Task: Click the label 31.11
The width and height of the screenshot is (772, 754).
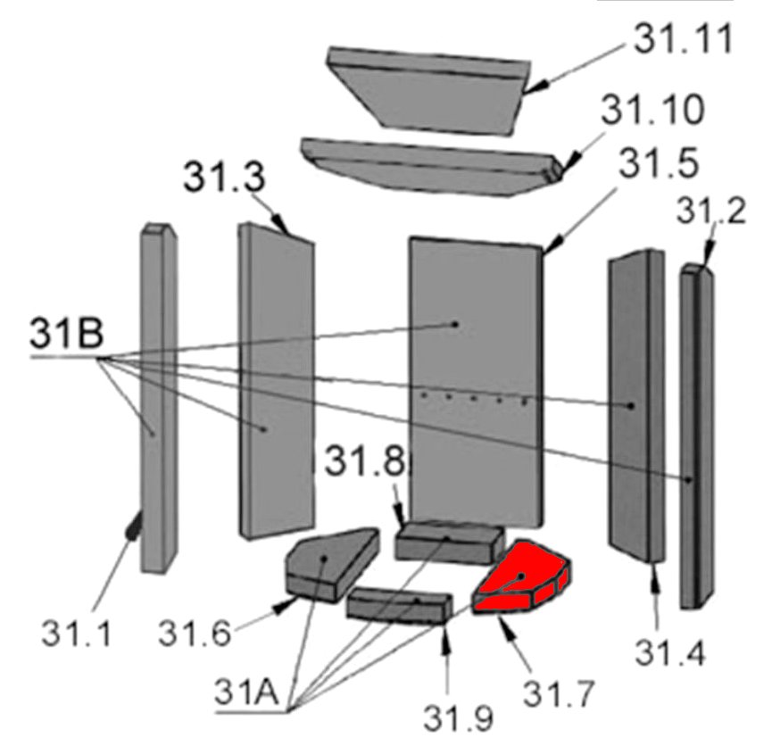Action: click(x=683, y=38)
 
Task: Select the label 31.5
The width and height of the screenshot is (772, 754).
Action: click(x=659, y=163)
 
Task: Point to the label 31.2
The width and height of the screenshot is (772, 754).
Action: click(x=710, y=211)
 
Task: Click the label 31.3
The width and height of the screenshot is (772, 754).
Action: click(x=224, y=177)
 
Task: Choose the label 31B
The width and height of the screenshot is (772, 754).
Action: click(x=67, y=333)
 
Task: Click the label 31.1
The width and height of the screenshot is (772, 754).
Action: click(x=77, y=633)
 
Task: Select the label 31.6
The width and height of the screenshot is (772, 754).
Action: click(x=195, y=633)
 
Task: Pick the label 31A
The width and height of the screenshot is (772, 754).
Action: click(x=246, y=692)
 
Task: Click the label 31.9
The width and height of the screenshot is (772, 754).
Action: click(x=458, y=718)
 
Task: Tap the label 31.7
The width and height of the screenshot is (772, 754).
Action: click(x=559, y=693)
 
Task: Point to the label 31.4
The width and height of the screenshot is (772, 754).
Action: click(x=670, y=652)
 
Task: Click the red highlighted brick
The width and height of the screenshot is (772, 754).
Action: click(x=521, y=578)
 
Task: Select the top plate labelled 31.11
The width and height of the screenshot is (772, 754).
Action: click(x=428, y=91)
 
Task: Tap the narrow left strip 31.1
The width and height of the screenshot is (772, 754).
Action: click(x=159, y=399)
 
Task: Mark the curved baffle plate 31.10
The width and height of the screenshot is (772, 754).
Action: click(x=432, y=166)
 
